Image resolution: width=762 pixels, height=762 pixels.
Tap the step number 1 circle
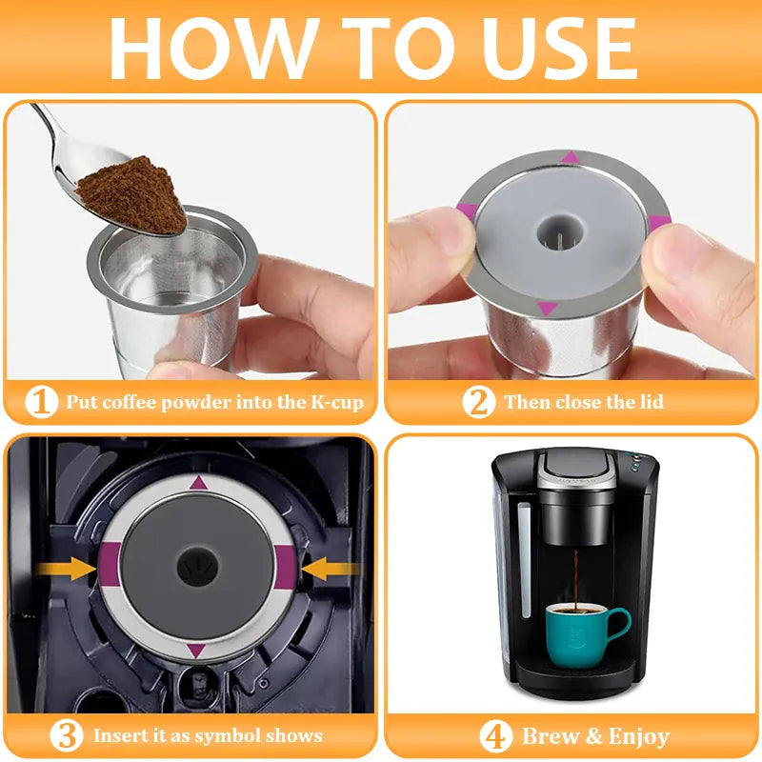(x=41, y=402)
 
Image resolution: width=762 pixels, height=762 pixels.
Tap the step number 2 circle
(x=479, y=402)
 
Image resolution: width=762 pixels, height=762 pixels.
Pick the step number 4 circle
(x=495, y=735)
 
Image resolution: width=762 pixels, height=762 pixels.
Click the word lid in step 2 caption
(x=649, y=402)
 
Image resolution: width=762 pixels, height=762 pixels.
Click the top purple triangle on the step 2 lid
(x=570, y=156)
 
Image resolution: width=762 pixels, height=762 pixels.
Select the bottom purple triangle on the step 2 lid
(x=548, y=307)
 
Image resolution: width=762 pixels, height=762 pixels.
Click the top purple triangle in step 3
(x=198, y=483)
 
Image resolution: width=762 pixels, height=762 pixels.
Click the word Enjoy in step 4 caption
(x=632, y=735)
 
